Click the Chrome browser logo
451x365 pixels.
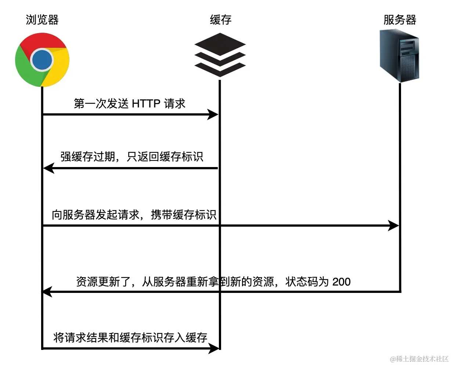click(x=42, y=60)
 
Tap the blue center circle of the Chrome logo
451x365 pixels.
click(x=42, y=60)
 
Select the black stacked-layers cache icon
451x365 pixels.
click(x=220, y=55)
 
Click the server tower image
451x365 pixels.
click(x=400, y=55)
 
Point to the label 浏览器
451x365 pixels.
click(x=42, y=20)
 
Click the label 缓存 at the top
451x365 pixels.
click(x=220, y=20)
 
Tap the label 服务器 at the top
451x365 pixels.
click(x=400, y=20)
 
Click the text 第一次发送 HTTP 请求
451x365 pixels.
click(x=130, y=104)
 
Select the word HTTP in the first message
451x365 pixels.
click(x=146, y=104)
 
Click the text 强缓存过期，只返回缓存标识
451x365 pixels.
click(x=131, y=157)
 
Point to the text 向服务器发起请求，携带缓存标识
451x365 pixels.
click(x=134, y=215)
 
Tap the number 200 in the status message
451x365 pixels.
click(x=341, y=282)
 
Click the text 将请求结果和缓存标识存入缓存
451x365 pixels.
click(x=130, y=337)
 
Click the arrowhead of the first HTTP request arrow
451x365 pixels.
click(x=213, y=115)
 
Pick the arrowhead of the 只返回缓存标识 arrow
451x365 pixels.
click(x=48, y=169)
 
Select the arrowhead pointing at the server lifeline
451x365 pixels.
click(x=394, y=226)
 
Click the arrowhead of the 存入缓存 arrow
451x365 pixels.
click(x=214, y=348)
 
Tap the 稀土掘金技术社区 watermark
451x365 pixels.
click(x=419, y=359)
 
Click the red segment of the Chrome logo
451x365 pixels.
click(x=42, y=41)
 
